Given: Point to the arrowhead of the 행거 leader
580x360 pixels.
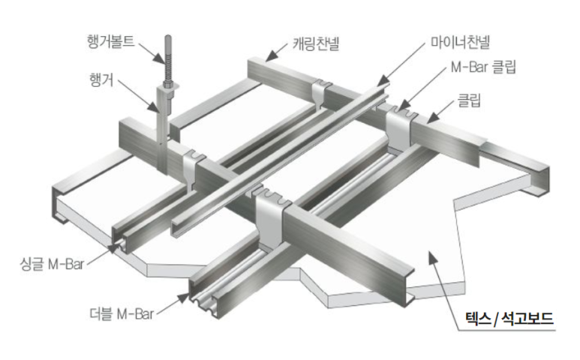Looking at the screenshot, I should tap(156, 109).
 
